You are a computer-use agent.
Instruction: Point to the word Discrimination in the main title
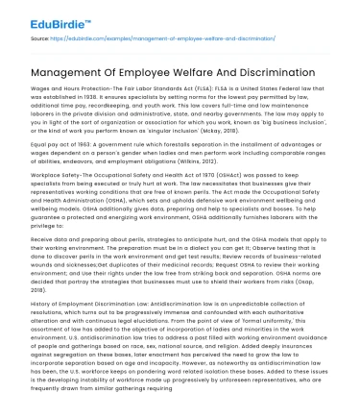click(280, 74)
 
